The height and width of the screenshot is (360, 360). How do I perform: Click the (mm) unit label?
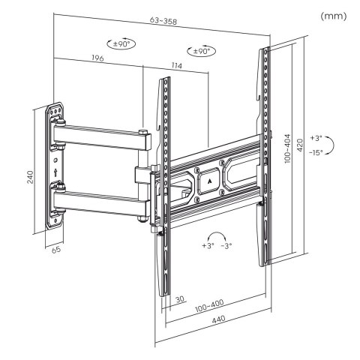click(x=331, y=16)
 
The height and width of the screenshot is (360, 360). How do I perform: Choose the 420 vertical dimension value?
click(x=300, y=144)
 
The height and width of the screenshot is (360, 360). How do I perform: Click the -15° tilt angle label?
click(x=317, y=152)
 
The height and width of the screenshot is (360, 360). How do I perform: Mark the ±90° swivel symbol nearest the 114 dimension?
click(x=201, y=51)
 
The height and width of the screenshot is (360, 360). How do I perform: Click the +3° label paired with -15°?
click(x=316, y=139)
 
